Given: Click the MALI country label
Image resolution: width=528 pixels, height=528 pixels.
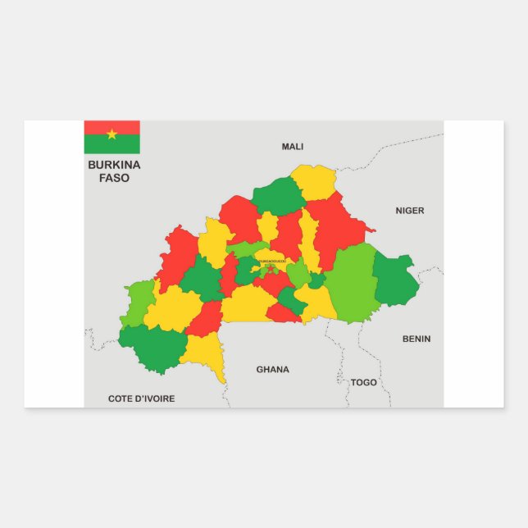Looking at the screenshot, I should [293, 147].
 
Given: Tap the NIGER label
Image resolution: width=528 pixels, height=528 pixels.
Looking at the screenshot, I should [410, 211].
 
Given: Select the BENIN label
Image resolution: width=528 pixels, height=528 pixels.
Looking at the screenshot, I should [416, 339].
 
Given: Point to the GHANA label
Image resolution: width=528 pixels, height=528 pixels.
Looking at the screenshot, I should [272, 370].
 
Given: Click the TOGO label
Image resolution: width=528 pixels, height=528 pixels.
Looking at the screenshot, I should [363, 383].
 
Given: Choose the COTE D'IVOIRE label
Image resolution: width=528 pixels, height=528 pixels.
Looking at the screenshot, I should [141, 399].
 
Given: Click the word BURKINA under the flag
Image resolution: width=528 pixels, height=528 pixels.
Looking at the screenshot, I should [114, 165].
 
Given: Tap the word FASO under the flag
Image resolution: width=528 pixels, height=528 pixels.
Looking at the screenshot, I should [114, 178].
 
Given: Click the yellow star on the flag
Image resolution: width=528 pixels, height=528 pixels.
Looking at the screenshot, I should [112, 134].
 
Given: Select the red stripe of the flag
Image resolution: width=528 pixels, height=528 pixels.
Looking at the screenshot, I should [94, 127].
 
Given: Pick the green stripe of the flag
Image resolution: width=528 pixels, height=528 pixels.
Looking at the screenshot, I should [94, 145].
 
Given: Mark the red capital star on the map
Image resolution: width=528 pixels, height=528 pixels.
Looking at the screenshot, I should [271, 268].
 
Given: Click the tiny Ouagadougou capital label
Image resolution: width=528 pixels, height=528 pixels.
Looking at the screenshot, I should [271, 261].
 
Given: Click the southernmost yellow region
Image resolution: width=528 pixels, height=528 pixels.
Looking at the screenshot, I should [205, 353].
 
